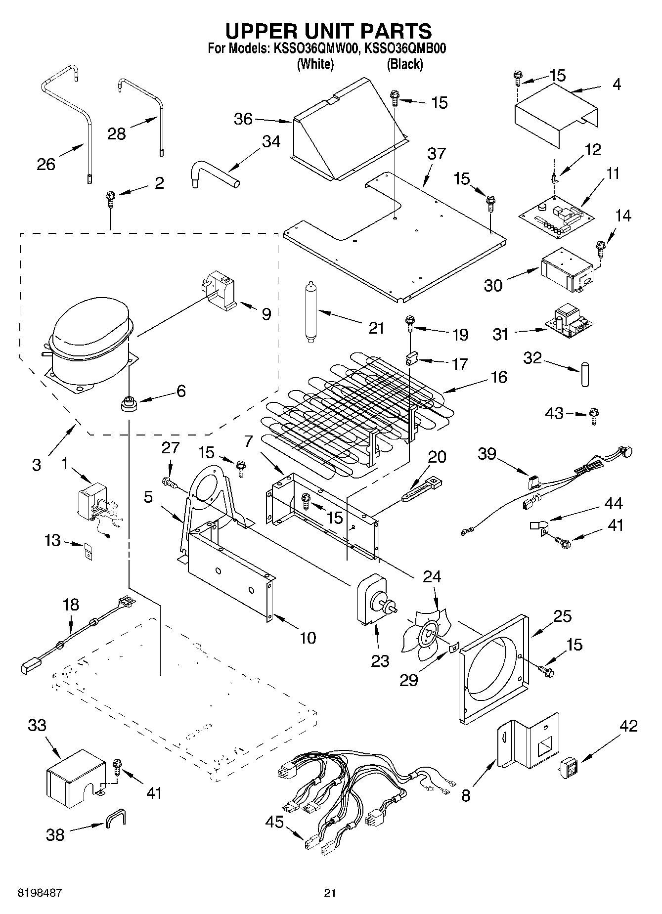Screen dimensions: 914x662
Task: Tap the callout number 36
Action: point(243,119)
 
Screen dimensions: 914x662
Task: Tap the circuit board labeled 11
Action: point(551,217)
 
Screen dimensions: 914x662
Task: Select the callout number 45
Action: point(274,822)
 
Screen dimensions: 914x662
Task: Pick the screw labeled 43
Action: point(595,416)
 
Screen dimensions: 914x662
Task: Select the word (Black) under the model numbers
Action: point(404,64)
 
